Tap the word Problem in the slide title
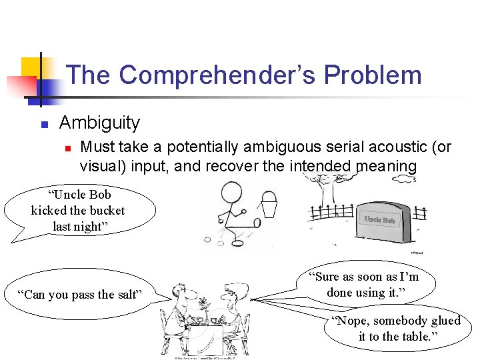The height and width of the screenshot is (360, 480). click(x=373, y=75)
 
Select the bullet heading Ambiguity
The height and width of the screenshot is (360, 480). click(x=99, y=123)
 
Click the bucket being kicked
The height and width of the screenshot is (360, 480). click(x=269, y=205)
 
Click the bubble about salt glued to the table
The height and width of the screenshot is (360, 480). click(x=399, y=329)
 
